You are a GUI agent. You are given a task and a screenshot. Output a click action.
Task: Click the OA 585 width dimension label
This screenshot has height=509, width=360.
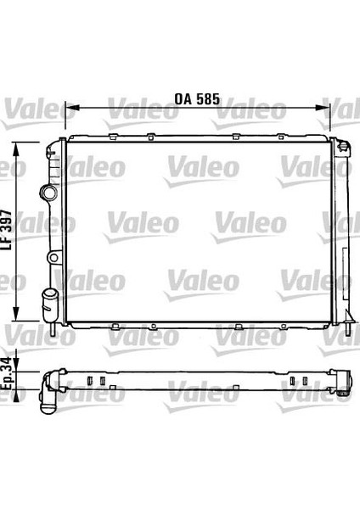(197, 99)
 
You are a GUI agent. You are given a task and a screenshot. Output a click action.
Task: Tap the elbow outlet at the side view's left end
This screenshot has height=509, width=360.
(48, 388)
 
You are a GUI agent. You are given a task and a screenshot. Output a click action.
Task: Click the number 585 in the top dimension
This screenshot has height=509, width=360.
(209, 99)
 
